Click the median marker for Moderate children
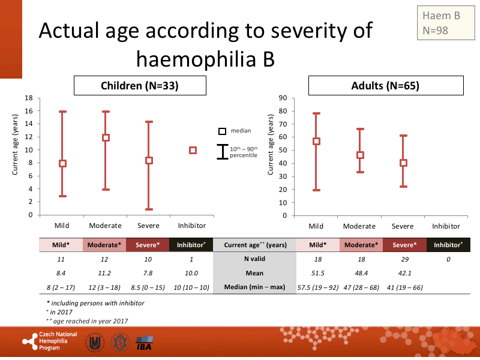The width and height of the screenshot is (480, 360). pyautogui.click(x=106, y=137)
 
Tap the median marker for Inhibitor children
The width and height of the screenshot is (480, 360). pyautogui.click(x=193, y=150)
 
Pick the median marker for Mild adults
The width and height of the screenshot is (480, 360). pyautogui.click(x=316, y=142)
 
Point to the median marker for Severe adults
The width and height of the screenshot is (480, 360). pyautogui.click(x=403, y=163)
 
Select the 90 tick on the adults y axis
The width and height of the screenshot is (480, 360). pyautogui.click(x=283, y=98)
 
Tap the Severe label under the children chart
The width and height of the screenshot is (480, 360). pyautogui.click(x=149, y=226)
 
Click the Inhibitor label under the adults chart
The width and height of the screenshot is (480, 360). pyautogui.click(x=446, y=226)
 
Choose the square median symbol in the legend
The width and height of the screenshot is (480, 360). pyautogui.click(x=222, y=131)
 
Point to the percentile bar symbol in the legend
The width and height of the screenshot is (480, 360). pyautogui.click(x=223, y=152)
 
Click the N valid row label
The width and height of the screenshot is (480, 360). pyautogui.click(x=255, y=259)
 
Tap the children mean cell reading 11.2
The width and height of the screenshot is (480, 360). pyautogui.click(x=105, y=273)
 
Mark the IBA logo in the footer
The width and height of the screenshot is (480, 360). pyautogui.click(x=144, y=343)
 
